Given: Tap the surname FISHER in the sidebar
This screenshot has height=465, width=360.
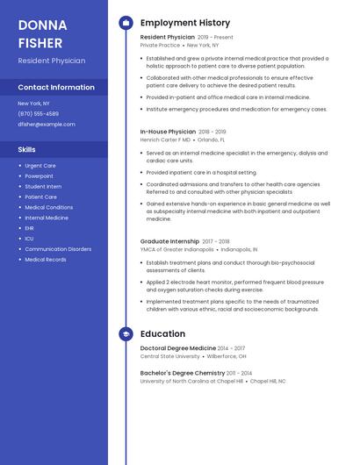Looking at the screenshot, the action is coord(40,42).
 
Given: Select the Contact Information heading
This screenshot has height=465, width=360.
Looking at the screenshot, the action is coord(56,88).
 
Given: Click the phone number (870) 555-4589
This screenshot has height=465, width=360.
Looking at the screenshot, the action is coord(38,114).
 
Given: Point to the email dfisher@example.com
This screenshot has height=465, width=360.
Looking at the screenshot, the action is coord(47,125).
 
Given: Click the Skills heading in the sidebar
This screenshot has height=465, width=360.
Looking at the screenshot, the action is coord(27,149).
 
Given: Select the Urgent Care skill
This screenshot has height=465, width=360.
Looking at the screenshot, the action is coord(40,165).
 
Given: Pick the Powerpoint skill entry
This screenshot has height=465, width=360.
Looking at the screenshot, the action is coord(39,175).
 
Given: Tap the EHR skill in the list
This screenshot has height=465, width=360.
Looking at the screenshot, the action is coord(30,228).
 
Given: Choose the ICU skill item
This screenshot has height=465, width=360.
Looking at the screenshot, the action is coord(30,239).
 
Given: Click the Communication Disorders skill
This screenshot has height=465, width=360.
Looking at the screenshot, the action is coord(58,249).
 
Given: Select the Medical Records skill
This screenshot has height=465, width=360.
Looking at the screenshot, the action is coord(46,260).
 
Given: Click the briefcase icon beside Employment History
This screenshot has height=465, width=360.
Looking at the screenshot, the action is coord(126,23).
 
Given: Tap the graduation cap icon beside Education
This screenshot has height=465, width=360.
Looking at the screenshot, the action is coord(126,334).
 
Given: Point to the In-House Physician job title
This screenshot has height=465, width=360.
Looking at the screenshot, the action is coord(168,132).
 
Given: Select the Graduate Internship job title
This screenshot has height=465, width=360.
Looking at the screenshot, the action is coord(169,240).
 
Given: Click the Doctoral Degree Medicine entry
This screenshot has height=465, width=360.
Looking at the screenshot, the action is coord(177,348).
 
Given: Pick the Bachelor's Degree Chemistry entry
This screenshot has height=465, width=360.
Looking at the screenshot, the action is coord(183,373).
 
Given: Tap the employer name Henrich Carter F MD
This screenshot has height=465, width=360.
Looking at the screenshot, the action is coord(165,139).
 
